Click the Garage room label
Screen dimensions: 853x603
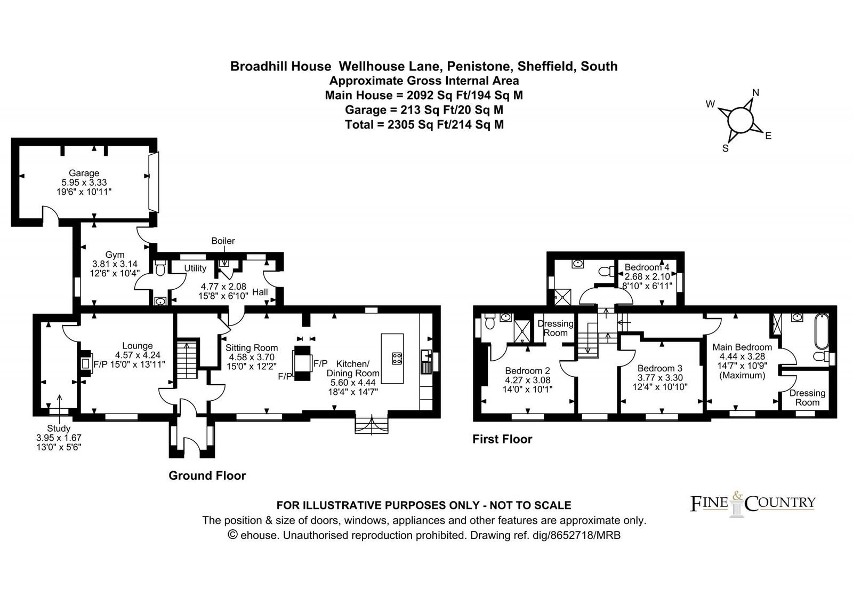click(84, 173)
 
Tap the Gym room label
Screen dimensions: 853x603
click(115, 255)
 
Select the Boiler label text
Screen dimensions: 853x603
click(223, 241)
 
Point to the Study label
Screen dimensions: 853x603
click(59, 429)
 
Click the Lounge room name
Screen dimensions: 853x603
click(138, 346)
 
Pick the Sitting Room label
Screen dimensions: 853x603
click(251, 347)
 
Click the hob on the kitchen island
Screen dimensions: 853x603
click(397, 358)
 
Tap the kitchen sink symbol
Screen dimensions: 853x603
click(426, 356)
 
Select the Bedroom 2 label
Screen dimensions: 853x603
click(527, 370)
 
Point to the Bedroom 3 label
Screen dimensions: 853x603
click(660, 368)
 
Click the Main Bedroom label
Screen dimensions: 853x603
click(742, 347)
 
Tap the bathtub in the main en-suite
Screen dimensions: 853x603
click(822, 331)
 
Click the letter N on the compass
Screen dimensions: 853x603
click(756, 93)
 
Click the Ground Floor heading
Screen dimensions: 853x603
click(207, 475)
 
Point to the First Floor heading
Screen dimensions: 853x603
click(502, 439)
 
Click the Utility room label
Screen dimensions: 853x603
click(195, 268)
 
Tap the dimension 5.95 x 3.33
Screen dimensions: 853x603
click(84, 182)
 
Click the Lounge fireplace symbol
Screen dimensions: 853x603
click(86, 363)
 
